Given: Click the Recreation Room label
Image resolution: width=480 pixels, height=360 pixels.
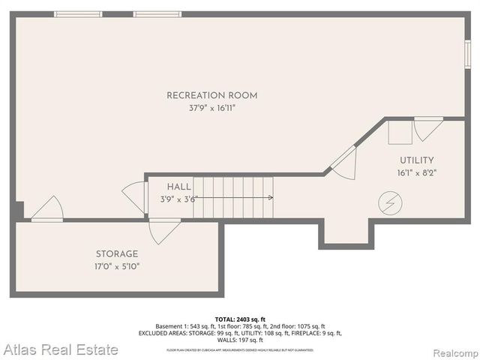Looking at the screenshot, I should tap(211, 95).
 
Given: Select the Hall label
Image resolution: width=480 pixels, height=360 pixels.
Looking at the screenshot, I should tap(178, 186).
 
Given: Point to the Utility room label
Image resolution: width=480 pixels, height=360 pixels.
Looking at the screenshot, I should tap(416, 160).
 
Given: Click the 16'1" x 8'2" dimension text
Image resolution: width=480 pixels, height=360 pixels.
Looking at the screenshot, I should tap(416, 172).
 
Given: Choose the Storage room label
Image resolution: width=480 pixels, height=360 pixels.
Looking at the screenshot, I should tap(116, 253).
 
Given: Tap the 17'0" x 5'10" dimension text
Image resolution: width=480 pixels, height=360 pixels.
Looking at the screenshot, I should tap(116, 265).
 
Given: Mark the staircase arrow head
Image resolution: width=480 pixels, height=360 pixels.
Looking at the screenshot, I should tap(270, 198).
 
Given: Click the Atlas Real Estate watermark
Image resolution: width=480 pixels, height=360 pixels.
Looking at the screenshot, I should tap(60, 349).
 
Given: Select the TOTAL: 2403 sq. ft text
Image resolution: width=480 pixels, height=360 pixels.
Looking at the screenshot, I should tap(240, 319).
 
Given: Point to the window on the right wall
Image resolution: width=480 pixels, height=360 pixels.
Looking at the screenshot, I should tap(467, 55).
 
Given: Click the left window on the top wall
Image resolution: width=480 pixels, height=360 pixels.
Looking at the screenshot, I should tap(78, 13).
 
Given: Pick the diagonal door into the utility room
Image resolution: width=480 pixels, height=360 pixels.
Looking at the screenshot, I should tap(343, 163).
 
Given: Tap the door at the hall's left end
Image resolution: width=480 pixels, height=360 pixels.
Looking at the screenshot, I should tap(133, 197).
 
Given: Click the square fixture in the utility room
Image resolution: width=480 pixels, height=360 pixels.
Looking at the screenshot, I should tap(399, 133).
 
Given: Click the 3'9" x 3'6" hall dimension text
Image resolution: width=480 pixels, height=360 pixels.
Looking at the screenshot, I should tap(178, 199).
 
